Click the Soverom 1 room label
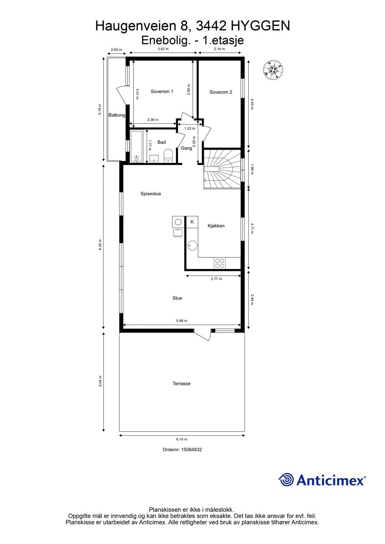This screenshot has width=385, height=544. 162,91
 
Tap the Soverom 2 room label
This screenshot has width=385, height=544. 221,92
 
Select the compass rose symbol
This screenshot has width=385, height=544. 273,70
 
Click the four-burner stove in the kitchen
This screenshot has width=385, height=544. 220,263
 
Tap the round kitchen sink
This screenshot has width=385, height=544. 192,245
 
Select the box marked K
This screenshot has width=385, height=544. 192,222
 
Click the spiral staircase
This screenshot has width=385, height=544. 222,169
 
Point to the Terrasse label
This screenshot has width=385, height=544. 181,384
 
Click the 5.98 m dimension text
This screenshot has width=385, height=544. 182,321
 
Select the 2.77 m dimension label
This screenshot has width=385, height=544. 216,279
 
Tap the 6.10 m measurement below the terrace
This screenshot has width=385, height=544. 182,439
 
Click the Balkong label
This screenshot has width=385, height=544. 117,115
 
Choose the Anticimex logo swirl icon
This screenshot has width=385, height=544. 286,479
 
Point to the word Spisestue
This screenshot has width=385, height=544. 150,193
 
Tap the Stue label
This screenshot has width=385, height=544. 177,298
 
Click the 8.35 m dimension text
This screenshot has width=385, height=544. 100,245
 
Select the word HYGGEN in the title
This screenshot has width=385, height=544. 260,26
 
